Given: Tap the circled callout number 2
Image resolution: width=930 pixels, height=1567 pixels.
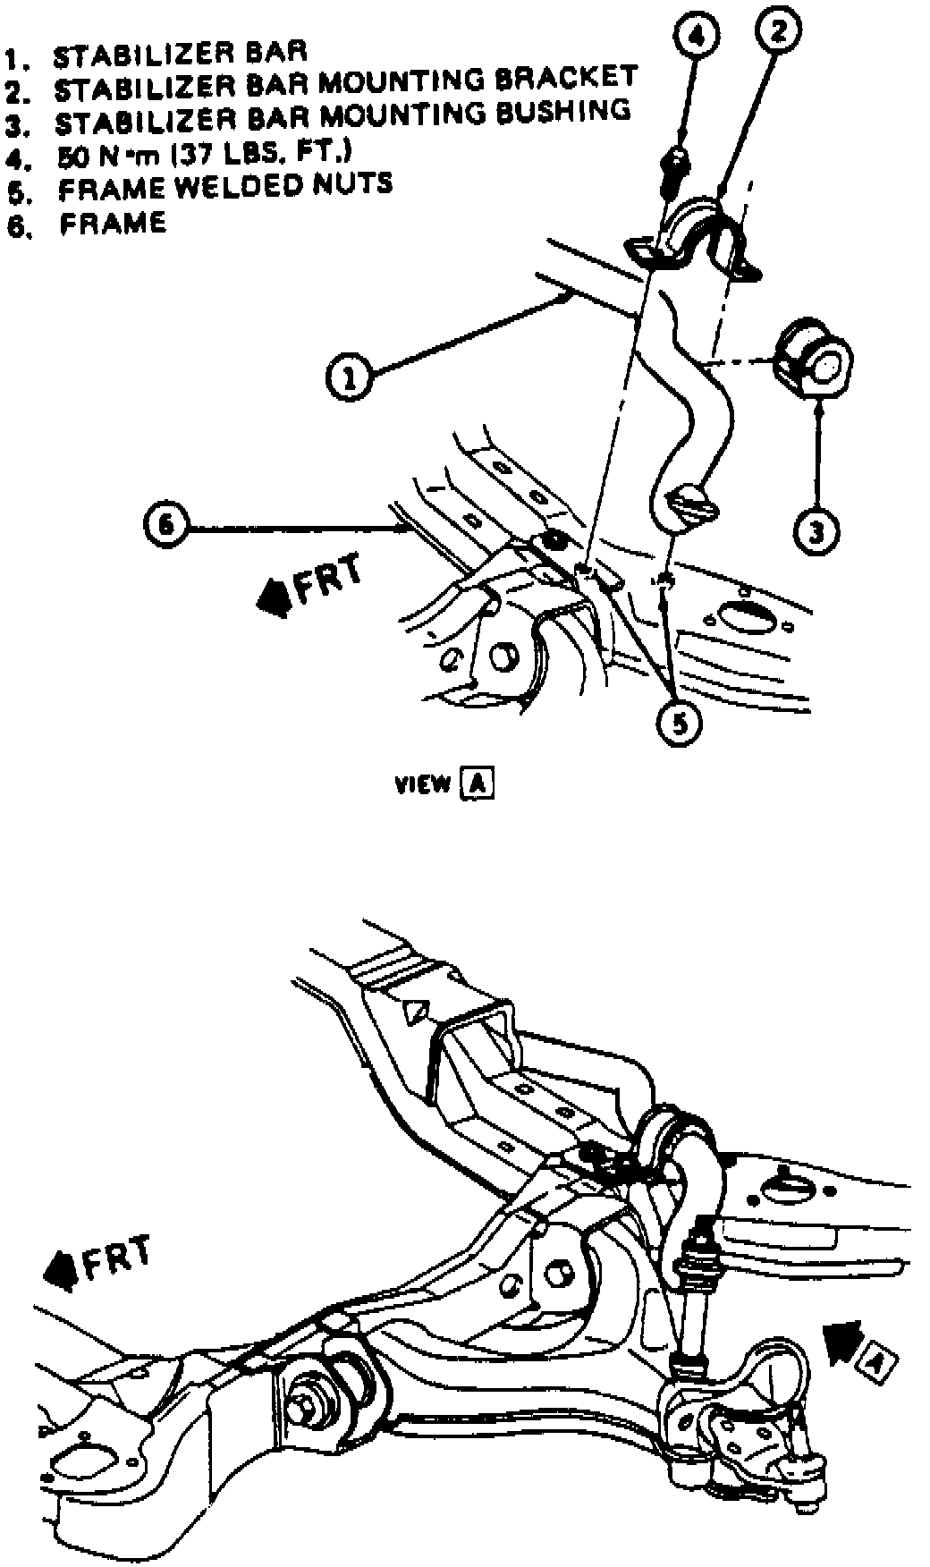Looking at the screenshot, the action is click(777, 32).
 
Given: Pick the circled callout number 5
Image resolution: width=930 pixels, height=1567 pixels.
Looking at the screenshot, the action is click(680, 722).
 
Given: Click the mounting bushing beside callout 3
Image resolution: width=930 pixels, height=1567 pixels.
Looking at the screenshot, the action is click(813, 362).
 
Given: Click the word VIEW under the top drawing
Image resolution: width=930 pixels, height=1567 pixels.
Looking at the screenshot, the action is click(423, 784).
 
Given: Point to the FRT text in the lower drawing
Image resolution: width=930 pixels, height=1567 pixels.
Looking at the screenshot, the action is click(116, 1258).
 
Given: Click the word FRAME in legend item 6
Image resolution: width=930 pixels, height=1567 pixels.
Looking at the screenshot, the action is click(114, 223).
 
